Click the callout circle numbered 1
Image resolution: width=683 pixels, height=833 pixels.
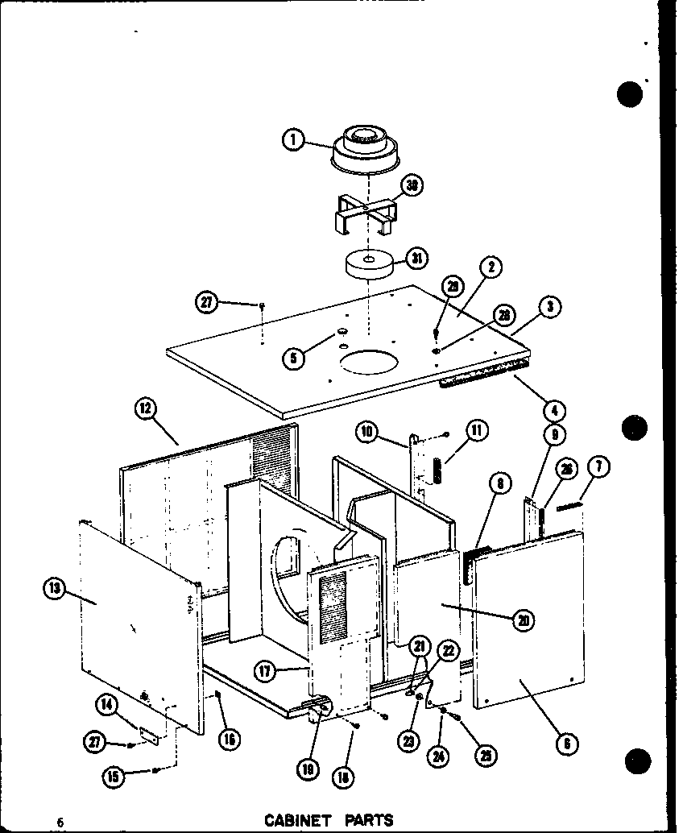pyautogui.click(x=293, y=139)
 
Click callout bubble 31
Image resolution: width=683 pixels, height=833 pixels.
pyautogui.click(x=416, y=259)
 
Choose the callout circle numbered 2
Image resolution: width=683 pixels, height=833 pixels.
pyautogui.click(x=490, y=267)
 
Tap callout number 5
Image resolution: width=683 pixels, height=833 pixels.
pyautogui.click(x=295, y=357)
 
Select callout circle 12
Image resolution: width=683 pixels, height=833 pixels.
pyautogui.click(x=145, y=408)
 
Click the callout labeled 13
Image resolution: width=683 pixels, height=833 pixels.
pyautogui.click(x=54, y=589)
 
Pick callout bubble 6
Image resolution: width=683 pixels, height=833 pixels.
pyautogui.click(x=567, y=744)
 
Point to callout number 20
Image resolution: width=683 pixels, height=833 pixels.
pyautogui.click(x=524, y=619)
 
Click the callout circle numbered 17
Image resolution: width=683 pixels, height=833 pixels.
pyautogui.click(x=265, y=670)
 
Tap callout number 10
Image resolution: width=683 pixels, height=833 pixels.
pyautogui.click(x=367, y=432)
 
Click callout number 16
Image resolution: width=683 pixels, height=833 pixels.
pyautogui.click(x=230, y=737)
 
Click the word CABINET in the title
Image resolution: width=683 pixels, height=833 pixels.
pyautogui.click(x=298, y=820)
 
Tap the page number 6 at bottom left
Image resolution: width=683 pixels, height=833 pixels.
pyautogui.click(x=59, y=821)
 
